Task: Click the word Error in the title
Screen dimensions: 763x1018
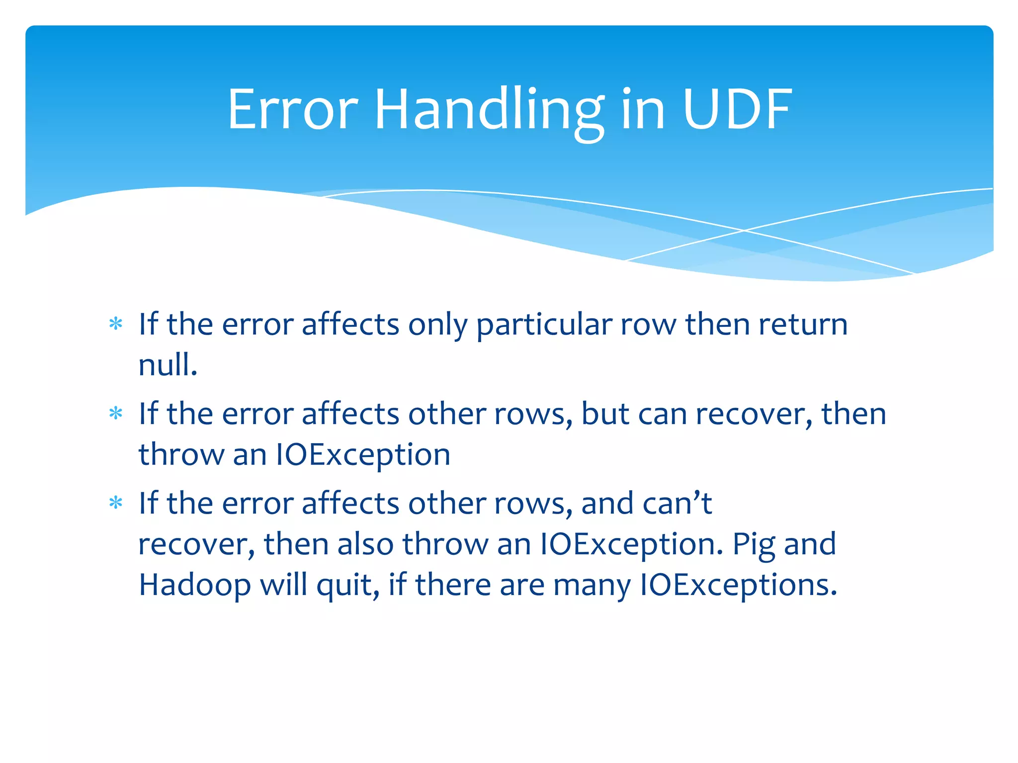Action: pyautogui.click(x=293, y=110)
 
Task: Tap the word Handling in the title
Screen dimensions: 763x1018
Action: pyautogui.click(x=490, y=110)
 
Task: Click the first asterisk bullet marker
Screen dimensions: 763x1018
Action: pyautogui.click(x=116, y=324)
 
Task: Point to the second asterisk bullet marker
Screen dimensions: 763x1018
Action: pyautogui.click(x=116, y=414)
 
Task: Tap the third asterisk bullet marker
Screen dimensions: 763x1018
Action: pyautogui.click(x=116, y=503)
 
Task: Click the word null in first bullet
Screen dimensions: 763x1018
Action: pyautogui.click(x=167, y=365)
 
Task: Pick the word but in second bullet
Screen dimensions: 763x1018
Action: pyautogui.click(x=605, y=415)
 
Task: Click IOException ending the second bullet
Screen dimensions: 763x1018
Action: pyautogui.click(x=363, y=455)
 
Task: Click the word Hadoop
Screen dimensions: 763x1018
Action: pyautogui.click(x=195, y=586)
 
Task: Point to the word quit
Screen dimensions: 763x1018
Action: pyautogui.click(x=348, y=586)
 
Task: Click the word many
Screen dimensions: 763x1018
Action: pyautogui.click(x=592, y=586)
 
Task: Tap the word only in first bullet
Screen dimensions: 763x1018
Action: pyautogui.click(x=437, y=325)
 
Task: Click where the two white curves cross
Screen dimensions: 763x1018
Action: pyautogui.click(x=744, y=230)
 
